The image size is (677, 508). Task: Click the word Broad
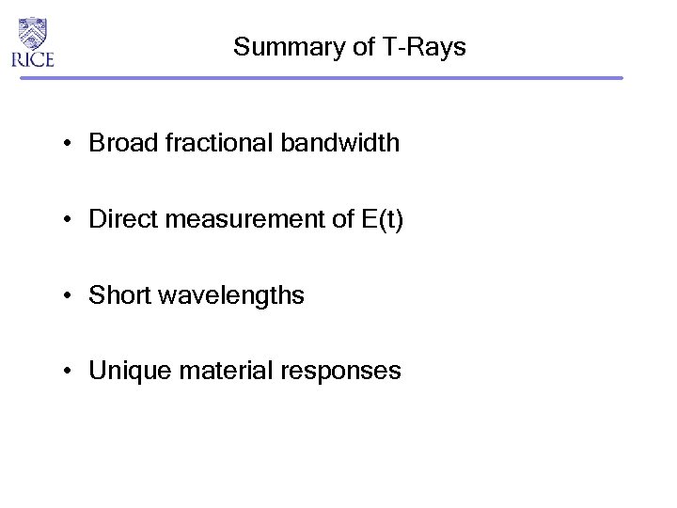tap(118, 144)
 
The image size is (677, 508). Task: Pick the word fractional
tap(207, 144)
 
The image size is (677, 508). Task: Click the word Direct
tap(119, 220)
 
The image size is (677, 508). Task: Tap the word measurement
tap(231, 220)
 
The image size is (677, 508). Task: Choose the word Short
tap(117, 296)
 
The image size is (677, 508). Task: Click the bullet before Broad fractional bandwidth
tap(70, 145)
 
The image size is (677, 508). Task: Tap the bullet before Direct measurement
tap(70, 221)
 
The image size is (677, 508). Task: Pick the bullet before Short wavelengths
tap(70, 297)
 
